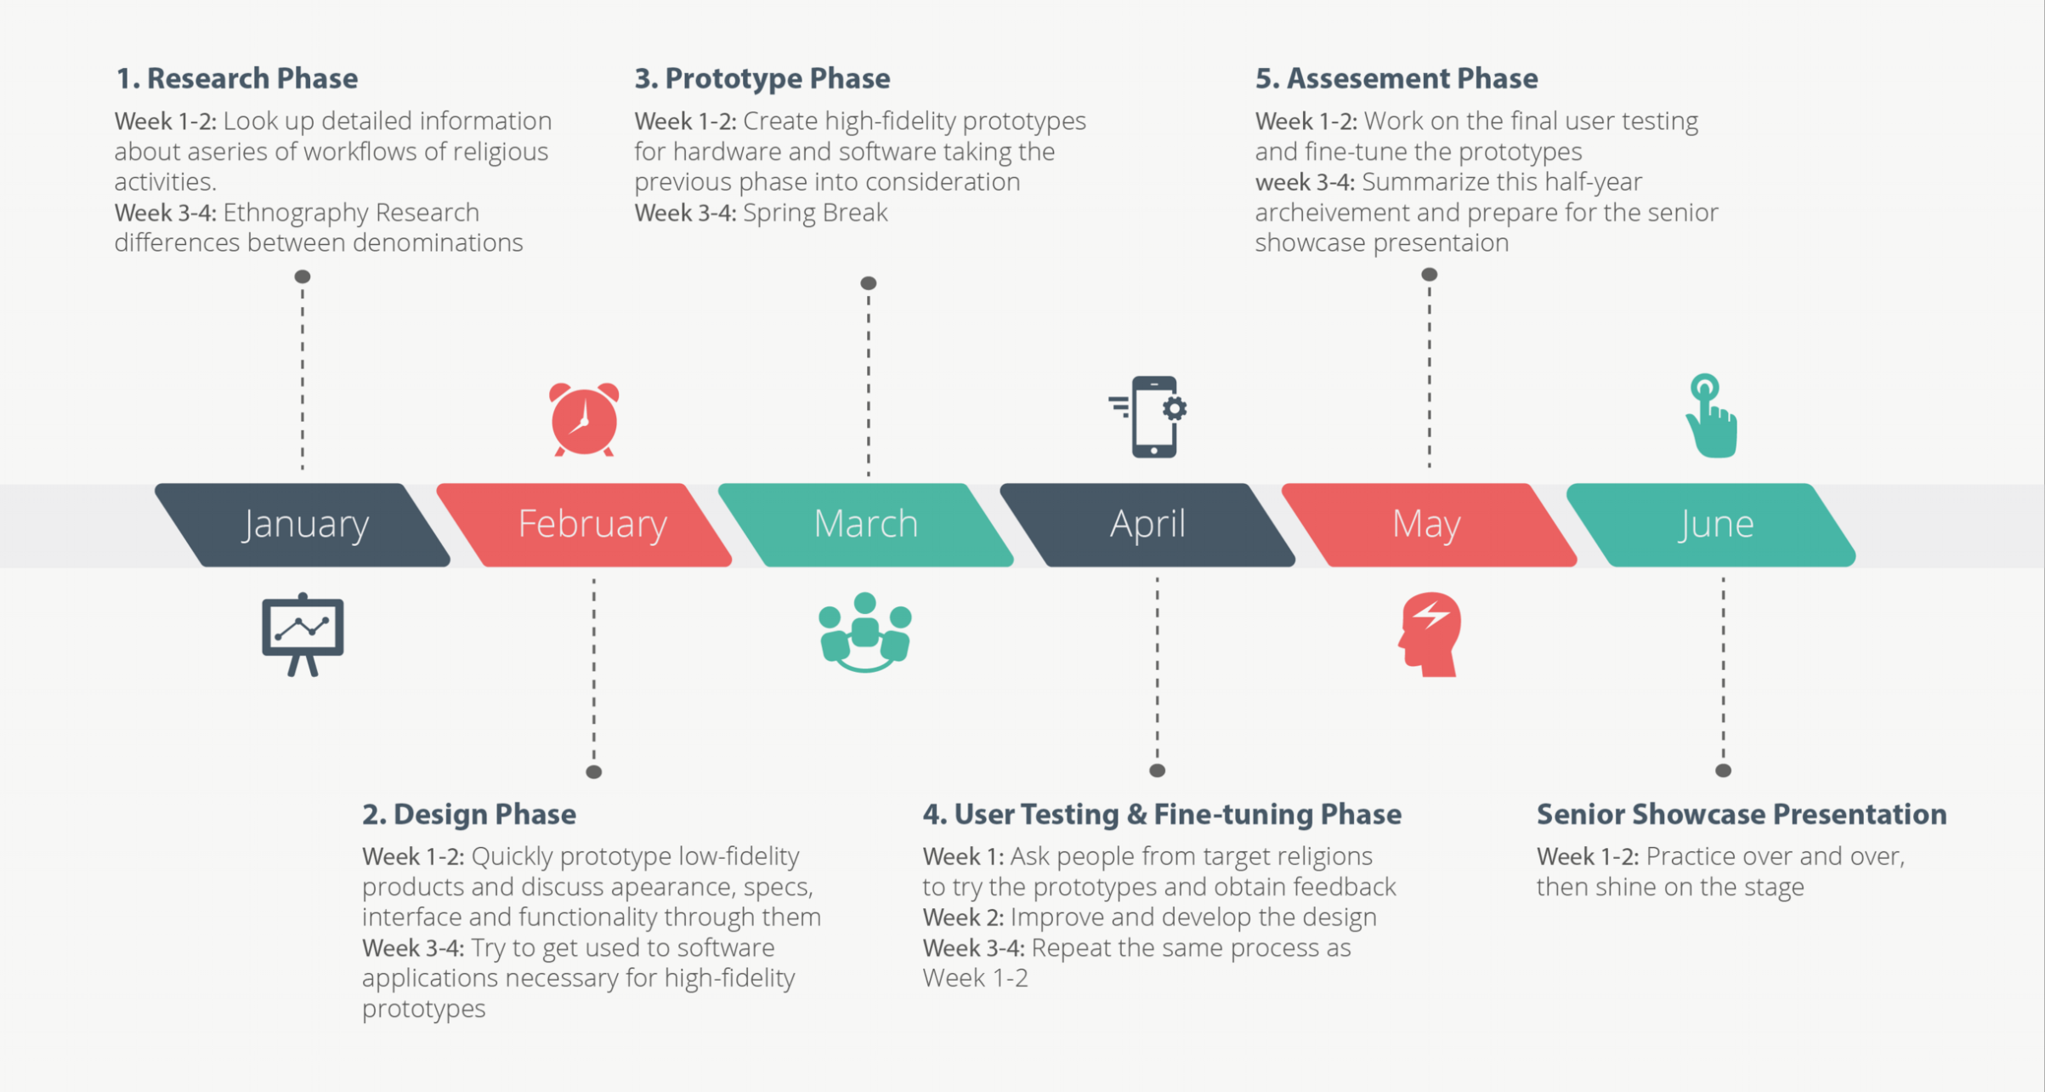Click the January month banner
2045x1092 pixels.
coord(303,524)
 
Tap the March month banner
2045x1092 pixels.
coord(866,524)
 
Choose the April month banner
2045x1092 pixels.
coord(1147,524)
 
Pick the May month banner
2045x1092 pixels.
coord(1428,524)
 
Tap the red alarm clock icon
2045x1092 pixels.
coord(584,419)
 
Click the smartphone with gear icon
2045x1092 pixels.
coord(1150,417)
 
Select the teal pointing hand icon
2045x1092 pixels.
coord(1711,417)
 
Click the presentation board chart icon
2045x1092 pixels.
coord(303,634)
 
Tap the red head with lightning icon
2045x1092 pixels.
coord(1430,634)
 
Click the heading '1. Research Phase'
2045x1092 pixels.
coord(236,78)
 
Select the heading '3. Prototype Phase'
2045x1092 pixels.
coord(762,78)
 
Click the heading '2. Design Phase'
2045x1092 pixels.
coord(469,814)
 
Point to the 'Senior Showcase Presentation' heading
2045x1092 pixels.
coord(1741,814)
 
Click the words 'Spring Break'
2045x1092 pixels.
coord(815,213)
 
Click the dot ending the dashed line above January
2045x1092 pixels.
coord(303,276)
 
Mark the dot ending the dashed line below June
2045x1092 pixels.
coord(1723,771)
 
